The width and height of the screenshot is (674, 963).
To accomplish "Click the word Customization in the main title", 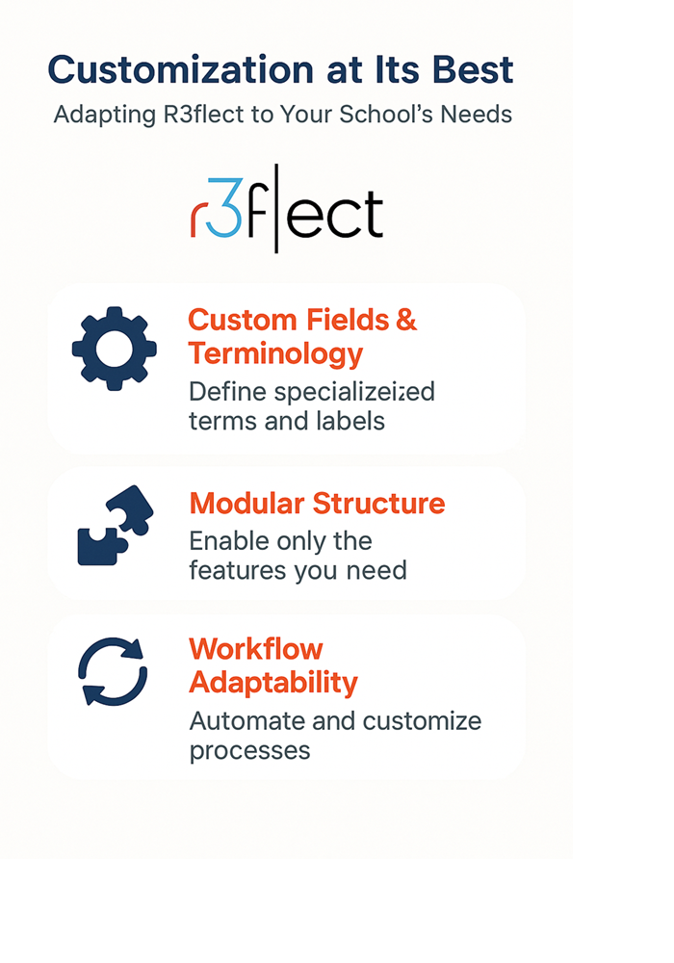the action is click(181, 69).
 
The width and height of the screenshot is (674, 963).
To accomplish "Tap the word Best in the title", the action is click(473, 69).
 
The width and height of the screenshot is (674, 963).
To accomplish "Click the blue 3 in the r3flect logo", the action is click(223, 208).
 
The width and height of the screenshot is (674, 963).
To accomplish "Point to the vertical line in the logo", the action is click(276, 208).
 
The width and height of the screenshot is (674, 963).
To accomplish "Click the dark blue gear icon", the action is click(115, 349).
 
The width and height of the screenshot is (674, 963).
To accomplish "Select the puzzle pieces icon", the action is click(116, 525).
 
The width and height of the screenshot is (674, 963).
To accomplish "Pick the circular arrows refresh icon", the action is click(113, 671).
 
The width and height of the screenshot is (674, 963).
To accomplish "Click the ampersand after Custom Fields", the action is click(406, 320).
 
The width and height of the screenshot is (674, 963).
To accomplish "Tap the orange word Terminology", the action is click(275, 354).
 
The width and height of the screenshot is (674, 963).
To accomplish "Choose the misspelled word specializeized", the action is click(354, 393).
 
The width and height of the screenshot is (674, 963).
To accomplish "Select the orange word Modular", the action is click(246, 504).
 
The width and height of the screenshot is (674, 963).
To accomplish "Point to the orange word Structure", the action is click(378, 504).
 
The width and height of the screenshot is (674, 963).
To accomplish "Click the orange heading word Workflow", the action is click(256, 649).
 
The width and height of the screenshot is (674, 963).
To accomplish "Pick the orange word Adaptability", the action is click(273, 684).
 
